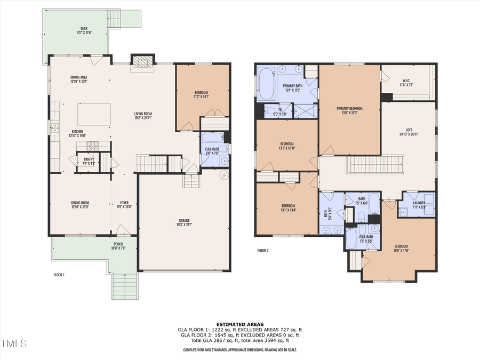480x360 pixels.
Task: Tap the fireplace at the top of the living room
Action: click(x=142, y=61)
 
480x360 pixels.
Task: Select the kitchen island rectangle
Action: click(x=94, y=114)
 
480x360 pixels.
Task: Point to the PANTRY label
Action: click(x=89, y=158)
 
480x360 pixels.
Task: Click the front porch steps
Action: click(x=125, y=285)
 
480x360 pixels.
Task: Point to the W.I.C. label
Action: click(x=406, y=82)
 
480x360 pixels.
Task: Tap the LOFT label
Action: click(x=408, y=131)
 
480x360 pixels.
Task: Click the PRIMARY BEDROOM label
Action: click(x=349, y=109)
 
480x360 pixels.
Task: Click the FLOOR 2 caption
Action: click(x=262, y=250)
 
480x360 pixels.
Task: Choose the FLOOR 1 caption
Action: click(x=59, y=275)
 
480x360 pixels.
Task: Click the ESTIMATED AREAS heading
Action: click(x=239, y=324)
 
